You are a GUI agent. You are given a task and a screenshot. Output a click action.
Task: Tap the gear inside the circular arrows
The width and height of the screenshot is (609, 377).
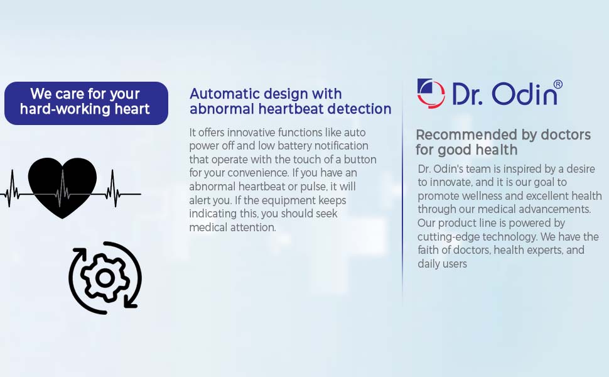tap(105, 278)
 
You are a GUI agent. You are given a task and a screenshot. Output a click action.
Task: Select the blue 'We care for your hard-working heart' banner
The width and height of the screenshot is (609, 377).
tap(86, 103)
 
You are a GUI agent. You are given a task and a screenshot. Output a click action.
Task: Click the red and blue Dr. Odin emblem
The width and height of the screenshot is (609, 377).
tap(431, 93)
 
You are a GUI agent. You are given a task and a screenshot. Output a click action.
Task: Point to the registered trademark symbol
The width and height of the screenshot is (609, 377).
tap(558, 84)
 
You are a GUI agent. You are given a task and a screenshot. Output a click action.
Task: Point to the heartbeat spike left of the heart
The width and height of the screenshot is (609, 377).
tap(13, 188)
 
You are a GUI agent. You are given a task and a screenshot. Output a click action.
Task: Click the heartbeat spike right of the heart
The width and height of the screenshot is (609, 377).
tap(114, 188)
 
